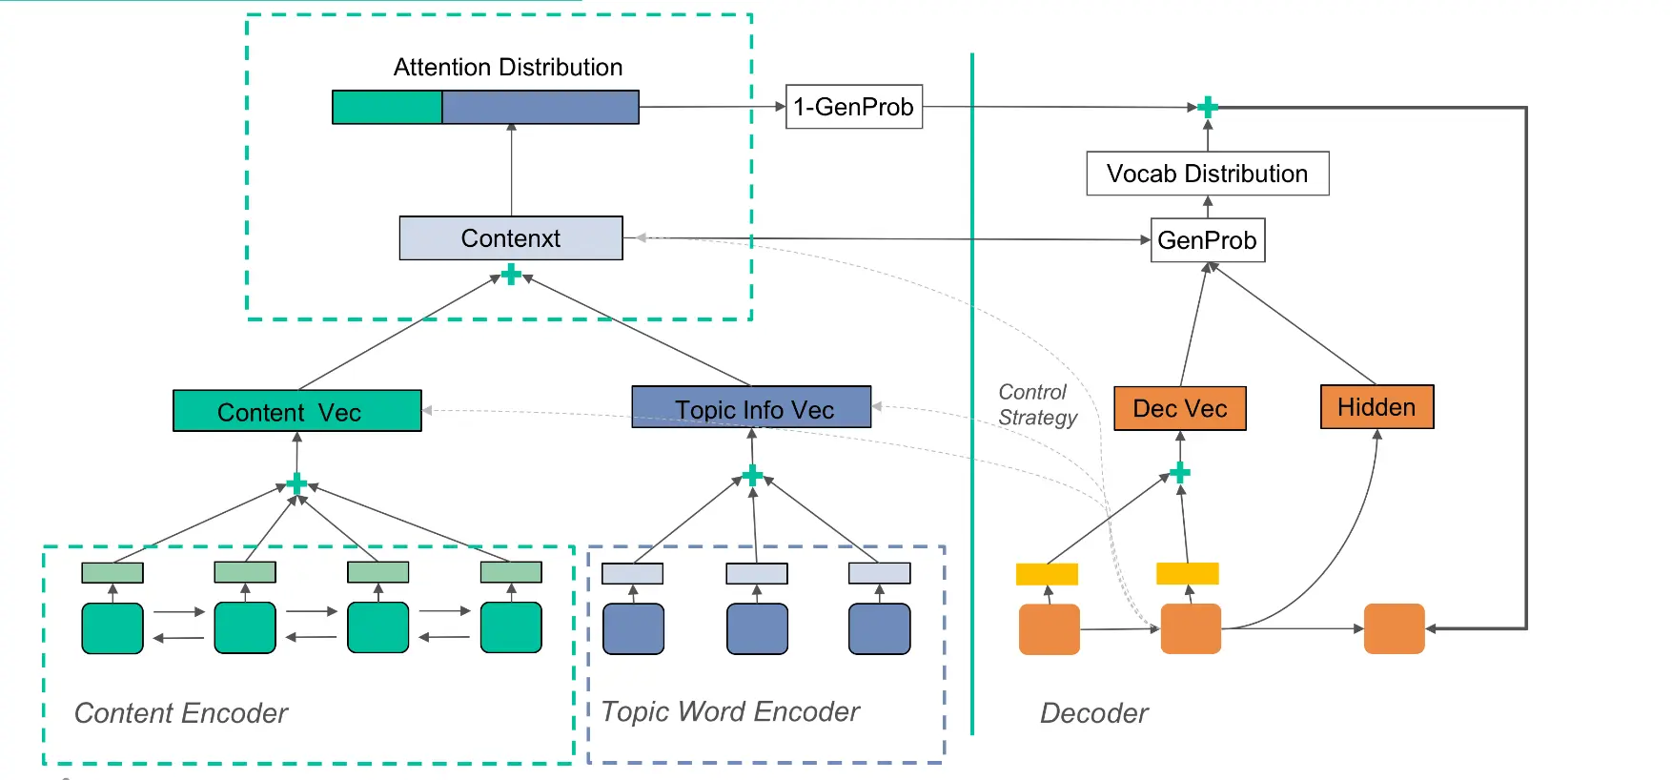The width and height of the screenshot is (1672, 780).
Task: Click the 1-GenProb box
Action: pos(853,107)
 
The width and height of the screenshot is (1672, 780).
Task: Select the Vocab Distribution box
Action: pos(1207,174)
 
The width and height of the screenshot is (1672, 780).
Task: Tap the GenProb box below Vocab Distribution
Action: pos(1207,240)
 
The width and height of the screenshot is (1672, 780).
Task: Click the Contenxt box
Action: pos(511,238)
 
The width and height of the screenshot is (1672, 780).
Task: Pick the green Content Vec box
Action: pos(296,411)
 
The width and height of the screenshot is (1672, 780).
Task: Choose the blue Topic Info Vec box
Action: pos(751,407)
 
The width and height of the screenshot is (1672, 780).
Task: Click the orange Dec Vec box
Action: pos(1179,408)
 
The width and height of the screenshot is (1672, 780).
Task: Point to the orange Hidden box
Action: pos(1376,407)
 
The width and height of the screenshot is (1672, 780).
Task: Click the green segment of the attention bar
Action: pos(387,108)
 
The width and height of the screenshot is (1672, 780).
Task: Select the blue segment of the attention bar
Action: pos(540,108)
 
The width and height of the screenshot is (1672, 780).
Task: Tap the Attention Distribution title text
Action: pos(507,68)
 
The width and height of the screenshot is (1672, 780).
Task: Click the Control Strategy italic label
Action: pos(1036,405)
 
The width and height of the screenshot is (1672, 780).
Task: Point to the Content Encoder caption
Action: pos(180,713)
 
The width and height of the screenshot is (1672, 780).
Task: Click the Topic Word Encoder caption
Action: pos(730,712)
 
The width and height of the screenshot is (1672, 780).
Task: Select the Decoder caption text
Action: pos(1093,713)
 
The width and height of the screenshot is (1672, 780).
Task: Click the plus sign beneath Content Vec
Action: pos(296,483)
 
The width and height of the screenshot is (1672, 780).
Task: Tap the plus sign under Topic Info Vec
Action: pos(753,475)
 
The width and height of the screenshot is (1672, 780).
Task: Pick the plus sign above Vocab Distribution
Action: pos(1208,107)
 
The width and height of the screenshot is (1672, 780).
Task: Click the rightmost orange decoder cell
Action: pos(1394,628)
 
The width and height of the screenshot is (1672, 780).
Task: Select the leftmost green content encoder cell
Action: pos(112,628)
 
